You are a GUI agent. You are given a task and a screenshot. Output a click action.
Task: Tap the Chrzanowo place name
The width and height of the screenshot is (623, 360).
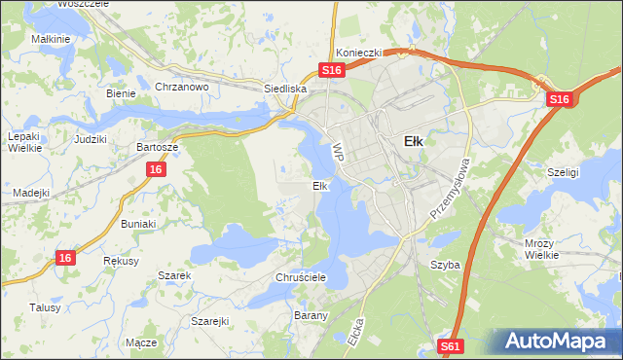click(183, 87)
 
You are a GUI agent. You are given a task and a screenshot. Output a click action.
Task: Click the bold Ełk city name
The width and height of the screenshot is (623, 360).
click(413, 141)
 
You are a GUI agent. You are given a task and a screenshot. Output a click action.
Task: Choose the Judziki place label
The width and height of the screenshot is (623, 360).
click(90, 139)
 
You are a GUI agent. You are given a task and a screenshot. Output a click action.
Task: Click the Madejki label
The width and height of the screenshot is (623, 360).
click(31, 193)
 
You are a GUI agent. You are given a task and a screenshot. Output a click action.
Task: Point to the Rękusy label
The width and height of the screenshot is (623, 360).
click(122, 262)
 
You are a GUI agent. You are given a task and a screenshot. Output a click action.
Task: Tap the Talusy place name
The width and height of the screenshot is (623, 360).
click(45, 307)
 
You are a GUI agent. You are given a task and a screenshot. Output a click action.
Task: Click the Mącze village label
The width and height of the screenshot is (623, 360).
click(141, 343)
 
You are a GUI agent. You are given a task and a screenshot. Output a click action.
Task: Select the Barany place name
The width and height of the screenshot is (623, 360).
click(311, 316)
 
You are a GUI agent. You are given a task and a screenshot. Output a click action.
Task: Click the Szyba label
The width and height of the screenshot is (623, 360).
click(445, 265)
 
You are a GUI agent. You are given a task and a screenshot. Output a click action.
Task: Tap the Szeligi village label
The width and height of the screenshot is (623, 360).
click(563, 171)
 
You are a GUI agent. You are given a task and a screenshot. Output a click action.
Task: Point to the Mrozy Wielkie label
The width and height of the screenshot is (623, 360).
click(538, 249)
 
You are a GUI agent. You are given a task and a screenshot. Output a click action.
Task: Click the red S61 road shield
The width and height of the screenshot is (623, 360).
click(450, 345)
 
